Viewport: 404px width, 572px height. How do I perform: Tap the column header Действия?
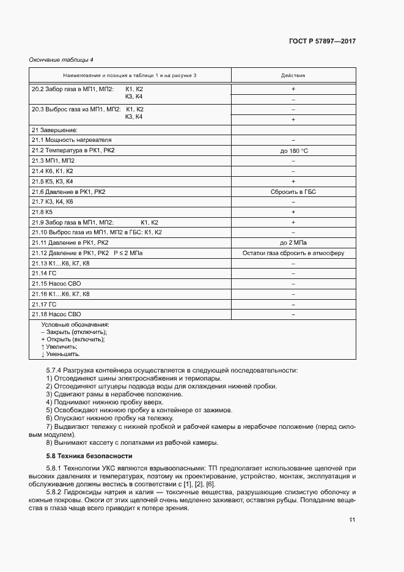click(x=293, y=75)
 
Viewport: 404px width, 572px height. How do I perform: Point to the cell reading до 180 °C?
click(x=293, y=150)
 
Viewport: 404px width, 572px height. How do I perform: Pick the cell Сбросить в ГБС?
click(x=293, y=191)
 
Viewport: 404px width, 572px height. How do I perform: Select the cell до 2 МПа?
click(x=293, y=243)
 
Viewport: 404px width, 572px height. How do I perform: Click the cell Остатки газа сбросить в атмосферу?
click(x=293, y=253)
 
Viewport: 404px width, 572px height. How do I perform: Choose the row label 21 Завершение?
click(x=54, y=130)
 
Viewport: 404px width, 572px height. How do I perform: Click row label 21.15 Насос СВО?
click(x=56, y=284)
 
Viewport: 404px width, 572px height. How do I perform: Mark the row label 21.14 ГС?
click(x=44, y=273)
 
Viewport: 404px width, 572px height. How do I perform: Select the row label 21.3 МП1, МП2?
click(x=53, y=161)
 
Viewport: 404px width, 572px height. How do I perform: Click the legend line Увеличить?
click(x=61, y=346)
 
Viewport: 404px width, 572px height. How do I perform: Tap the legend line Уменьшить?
click(x=61, y=354)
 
